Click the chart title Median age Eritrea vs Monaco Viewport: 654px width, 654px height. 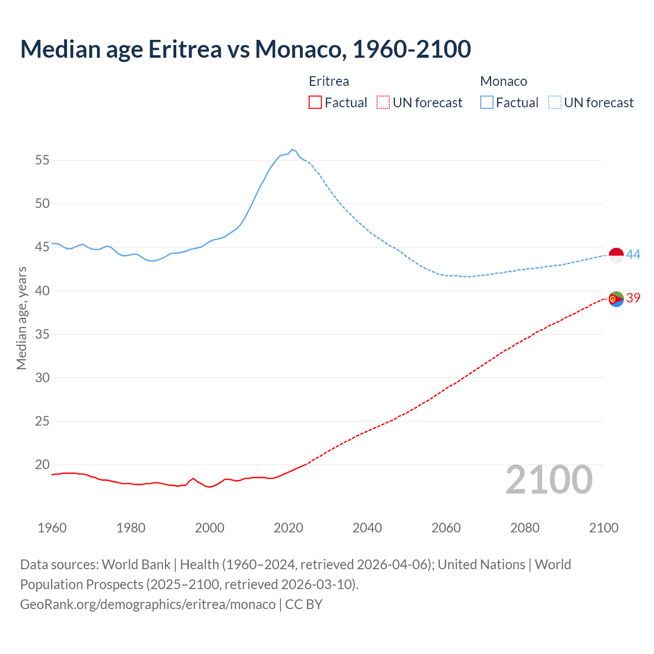pyautogui.click(x=245, y=49)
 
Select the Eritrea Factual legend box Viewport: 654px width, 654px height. pyautogui.click(x=315, y=103)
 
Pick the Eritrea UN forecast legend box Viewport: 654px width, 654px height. pyautogui.click(x=383, y=103)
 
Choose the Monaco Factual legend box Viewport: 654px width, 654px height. pyautogui.click(x=486, y=103)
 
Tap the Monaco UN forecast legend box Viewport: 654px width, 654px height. pyautogui.click(x=554, y=103)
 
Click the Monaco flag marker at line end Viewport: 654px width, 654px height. pyautogui.click(x=616, y=255)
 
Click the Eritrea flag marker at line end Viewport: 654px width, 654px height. pyautogui.click(x=616, y=299)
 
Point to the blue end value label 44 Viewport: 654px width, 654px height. pyautogui.click(x=634, y=254)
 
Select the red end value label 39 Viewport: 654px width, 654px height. pyautogui.click(x=634, y=298)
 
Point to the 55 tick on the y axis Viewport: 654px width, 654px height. pyautogui.click(x=42, y=160)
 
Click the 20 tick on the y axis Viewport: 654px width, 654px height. pyautogui.click(x=42, y=465)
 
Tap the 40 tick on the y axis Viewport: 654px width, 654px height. pyautogui.click(x=42, y=291)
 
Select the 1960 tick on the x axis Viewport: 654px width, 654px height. pyautogui.click(x=52, y=528)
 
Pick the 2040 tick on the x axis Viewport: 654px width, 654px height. pyautogui.click(x=367, y=528)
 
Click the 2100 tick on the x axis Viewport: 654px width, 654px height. pyautogui.click(x=603, y=528)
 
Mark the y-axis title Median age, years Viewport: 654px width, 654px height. pyautogui.click(x=21, y=318)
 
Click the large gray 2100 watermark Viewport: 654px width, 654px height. pyautogui.click(x=549, y=480)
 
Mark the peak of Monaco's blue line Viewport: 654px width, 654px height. pyautogui.click(x=292, y=150)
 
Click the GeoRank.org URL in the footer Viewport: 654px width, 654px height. pyautogui.click(x=148, y=604)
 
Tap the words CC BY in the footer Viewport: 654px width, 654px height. pyautogui.click(x=304, y=604)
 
